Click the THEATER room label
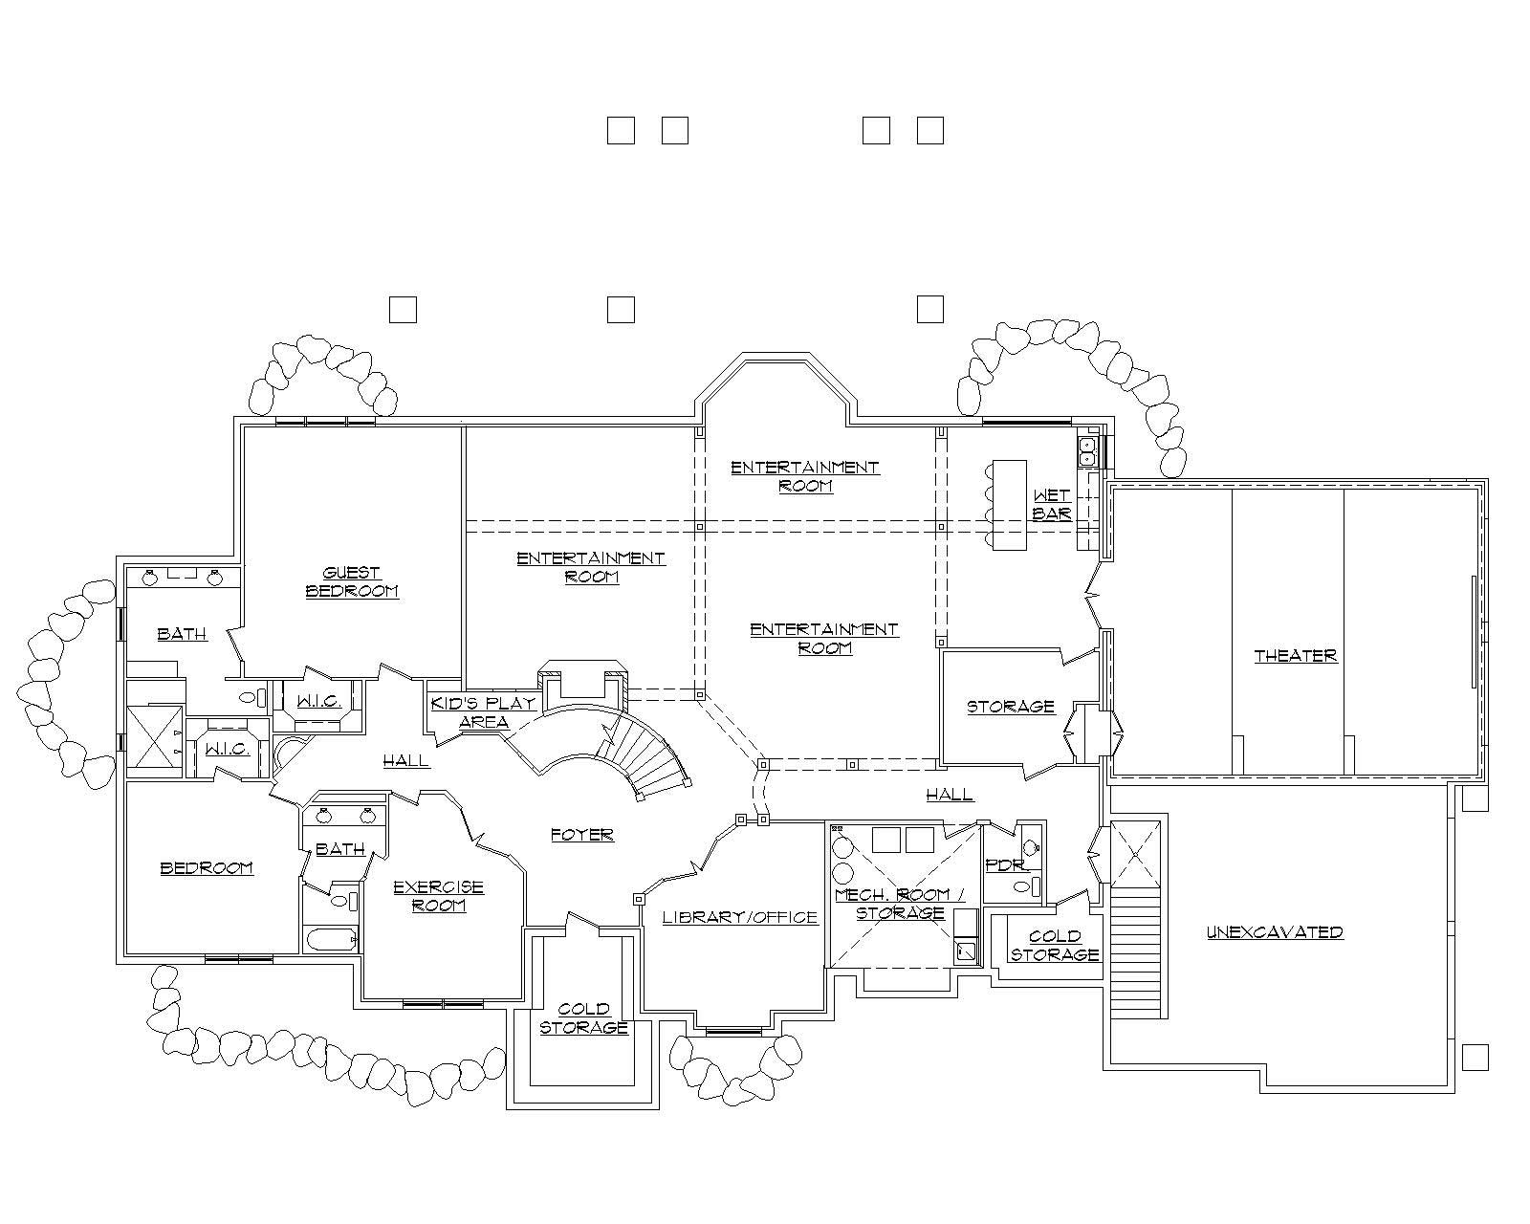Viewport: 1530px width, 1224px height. point(1295,656)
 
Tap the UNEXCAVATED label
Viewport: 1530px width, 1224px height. point(1275,932)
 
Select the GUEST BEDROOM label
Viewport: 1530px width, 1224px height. point(352,581)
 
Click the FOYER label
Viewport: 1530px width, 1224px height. point(582,835)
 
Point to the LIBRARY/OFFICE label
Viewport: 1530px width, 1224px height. point(740,917)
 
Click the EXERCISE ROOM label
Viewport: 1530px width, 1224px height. point(439,896)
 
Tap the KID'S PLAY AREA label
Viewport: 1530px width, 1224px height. point(483,712)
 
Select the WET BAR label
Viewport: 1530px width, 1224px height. point(1052,505)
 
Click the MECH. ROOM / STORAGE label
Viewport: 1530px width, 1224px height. point(900,904)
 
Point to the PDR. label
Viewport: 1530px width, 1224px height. point(1007,865)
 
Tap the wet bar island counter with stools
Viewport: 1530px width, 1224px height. point(1009,505)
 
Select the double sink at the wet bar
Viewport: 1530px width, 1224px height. point(1087,450)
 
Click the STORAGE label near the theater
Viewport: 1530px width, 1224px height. point(1011,707)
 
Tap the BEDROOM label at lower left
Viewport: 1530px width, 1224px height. point(207,868)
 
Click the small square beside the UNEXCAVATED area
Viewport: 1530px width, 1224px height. point(1475,1057)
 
